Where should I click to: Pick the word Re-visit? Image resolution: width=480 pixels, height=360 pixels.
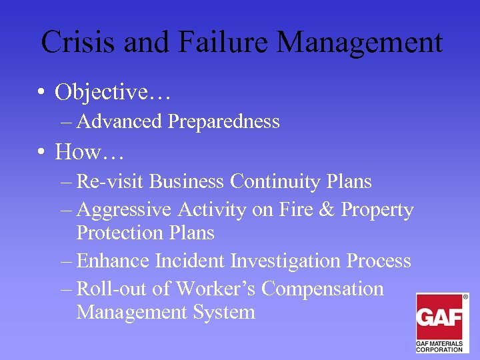point(110,181)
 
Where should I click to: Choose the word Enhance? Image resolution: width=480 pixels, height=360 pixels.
point(114,261)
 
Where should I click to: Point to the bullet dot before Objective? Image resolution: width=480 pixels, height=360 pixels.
point(41,93)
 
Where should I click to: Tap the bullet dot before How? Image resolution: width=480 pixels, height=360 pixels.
point(41,153)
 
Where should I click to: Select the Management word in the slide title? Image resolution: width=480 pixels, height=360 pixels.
point(359,43)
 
